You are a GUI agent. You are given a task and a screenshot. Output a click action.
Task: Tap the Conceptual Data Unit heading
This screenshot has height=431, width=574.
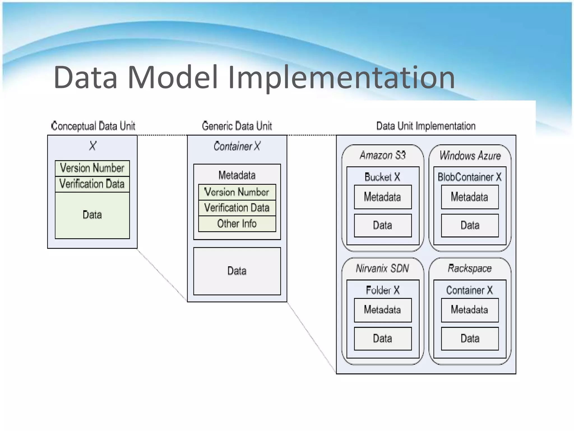93,126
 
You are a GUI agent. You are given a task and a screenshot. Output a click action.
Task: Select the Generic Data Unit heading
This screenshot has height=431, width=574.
237,126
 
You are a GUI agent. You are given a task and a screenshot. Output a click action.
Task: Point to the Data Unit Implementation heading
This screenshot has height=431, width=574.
426,126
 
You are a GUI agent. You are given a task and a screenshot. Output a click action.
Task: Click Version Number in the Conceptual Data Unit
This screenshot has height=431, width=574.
92,168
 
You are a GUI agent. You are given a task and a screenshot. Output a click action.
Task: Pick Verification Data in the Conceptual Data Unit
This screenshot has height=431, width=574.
92,184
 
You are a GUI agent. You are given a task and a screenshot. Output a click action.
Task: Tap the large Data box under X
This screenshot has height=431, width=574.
92,215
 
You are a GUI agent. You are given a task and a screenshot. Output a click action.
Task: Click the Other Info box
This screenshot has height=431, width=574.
237,224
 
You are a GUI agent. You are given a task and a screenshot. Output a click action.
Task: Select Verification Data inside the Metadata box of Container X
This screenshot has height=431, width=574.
237,208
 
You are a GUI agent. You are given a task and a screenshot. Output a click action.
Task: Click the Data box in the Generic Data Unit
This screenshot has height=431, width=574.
237,271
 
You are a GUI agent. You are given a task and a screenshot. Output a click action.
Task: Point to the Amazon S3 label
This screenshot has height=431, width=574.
383,155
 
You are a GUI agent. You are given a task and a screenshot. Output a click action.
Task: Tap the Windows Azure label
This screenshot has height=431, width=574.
470,155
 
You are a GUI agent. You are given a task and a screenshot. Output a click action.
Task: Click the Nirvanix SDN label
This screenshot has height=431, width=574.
382,269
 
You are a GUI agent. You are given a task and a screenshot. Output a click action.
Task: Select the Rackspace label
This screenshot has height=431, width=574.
470,269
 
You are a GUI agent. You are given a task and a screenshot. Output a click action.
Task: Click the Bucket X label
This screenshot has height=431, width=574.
382,177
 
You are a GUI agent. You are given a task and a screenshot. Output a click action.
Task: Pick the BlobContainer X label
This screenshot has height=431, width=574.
470,177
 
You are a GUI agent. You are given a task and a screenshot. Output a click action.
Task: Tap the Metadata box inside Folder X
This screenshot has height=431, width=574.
383,310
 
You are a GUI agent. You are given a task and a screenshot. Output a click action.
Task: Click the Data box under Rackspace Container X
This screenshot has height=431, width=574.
470,338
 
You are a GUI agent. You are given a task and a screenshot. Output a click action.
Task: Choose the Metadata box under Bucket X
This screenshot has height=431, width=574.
383,197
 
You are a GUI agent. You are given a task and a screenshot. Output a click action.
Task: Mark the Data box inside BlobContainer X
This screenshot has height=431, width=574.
470,225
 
